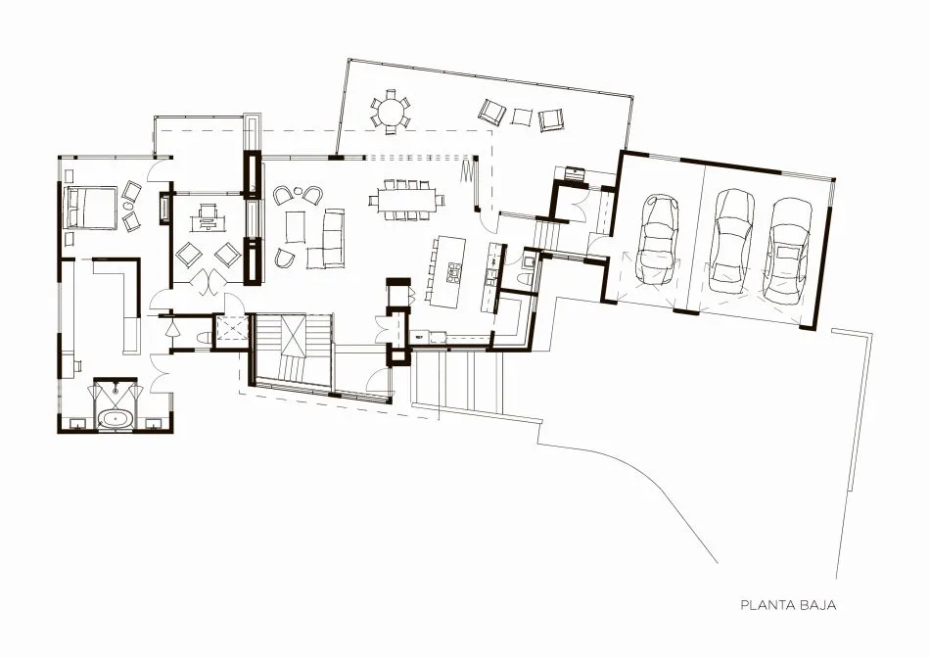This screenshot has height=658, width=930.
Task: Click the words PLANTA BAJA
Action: tap(788, 605)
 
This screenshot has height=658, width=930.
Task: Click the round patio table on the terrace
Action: tap(391, 111)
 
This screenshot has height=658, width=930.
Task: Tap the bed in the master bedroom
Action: tap(91, 207)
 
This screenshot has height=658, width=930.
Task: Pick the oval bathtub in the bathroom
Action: tap(116, 419)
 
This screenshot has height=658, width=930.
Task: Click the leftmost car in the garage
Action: tap(655, 240)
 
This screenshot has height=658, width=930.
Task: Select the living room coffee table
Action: tap(296, 226)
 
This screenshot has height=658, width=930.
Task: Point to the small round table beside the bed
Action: tap(128, 207)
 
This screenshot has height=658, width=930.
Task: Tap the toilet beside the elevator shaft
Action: tap(203, 338)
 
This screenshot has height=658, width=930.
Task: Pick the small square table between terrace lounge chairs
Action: tap(521, 117)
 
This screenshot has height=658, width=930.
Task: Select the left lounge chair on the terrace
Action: tap(492, 111)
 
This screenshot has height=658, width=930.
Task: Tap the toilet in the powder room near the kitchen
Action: tap(525, 278)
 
